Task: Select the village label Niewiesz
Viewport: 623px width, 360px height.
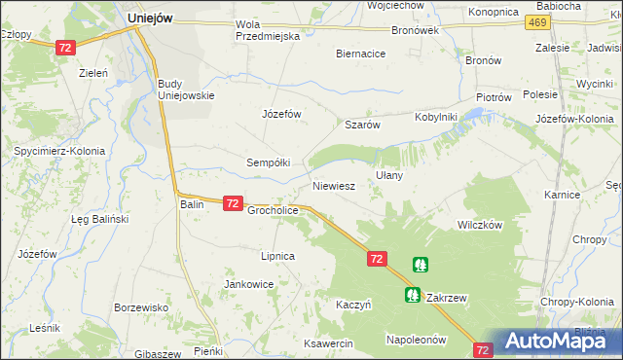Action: point(333,184)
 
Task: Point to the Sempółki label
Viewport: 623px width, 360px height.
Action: point(268,162)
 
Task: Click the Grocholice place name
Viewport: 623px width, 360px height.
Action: point(272,209)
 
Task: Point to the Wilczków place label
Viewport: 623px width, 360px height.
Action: point(479,224)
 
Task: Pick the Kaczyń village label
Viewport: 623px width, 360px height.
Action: point(354,304)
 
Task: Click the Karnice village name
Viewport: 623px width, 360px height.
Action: point(563,195)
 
